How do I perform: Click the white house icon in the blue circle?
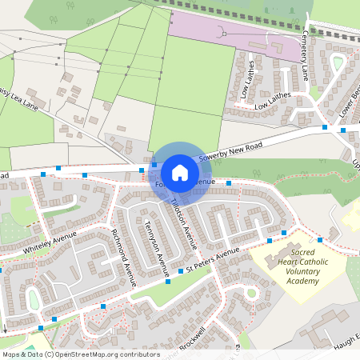[x=180, y=172]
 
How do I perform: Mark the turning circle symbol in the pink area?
[x=224, y=34]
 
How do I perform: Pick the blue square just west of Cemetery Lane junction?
[x=325, y=126]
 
